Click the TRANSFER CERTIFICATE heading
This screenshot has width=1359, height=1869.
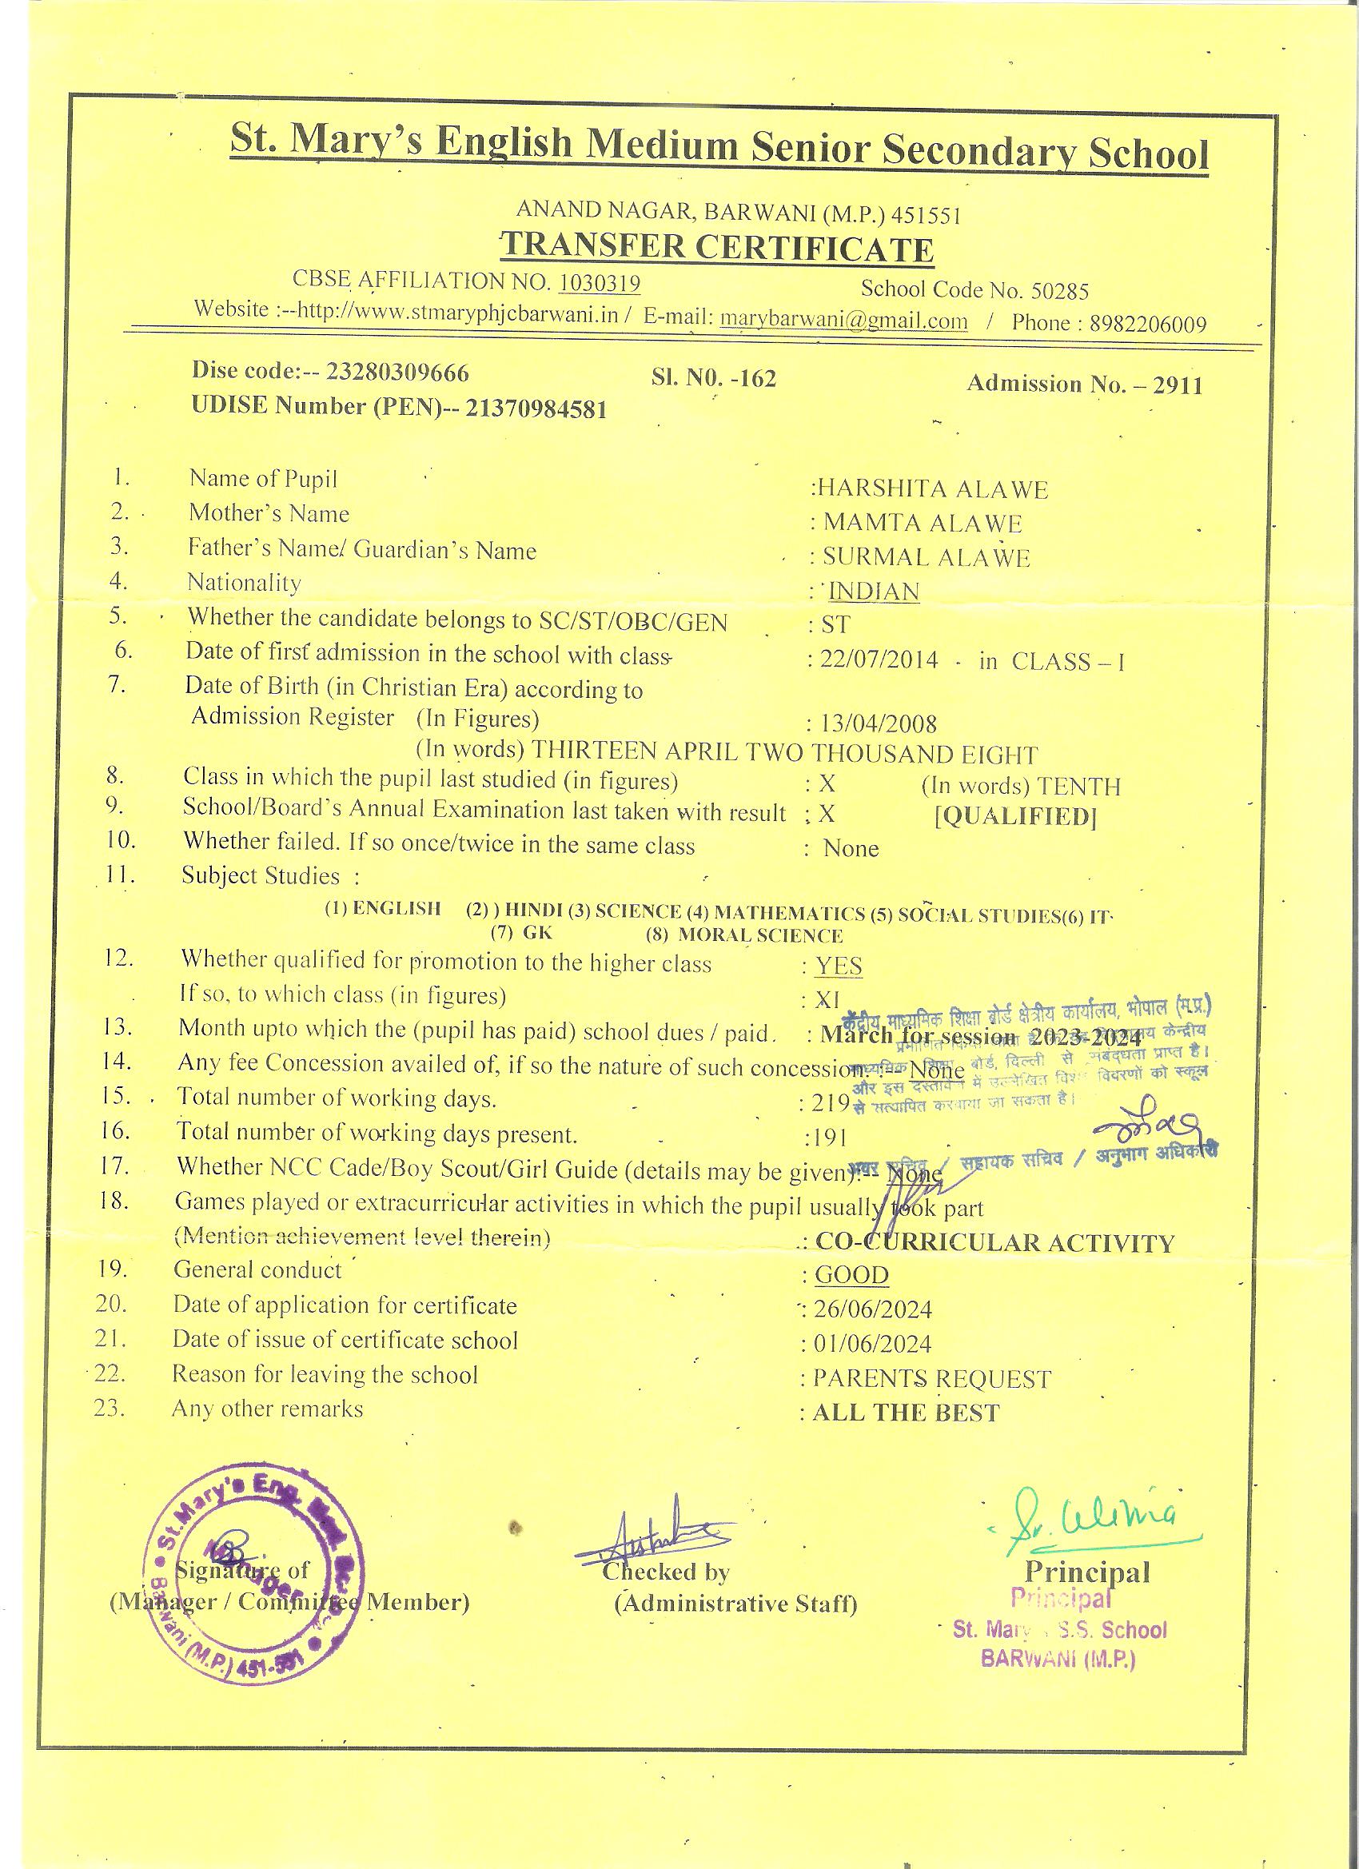point(717,248)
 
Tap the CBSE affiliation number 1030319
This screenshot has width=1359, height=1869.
point(599,283)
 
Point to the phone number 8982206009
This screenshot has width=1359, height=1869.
point(1147,324)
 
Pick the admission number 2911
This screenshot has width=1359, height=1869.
point(1178,385)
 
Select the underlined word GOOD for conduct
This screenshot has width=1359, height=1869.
point(851,1275)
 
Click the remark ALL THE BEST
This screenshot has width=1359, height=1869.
point(905,1413)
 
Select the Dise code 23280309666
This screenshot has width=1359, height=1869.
point(397,373)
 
